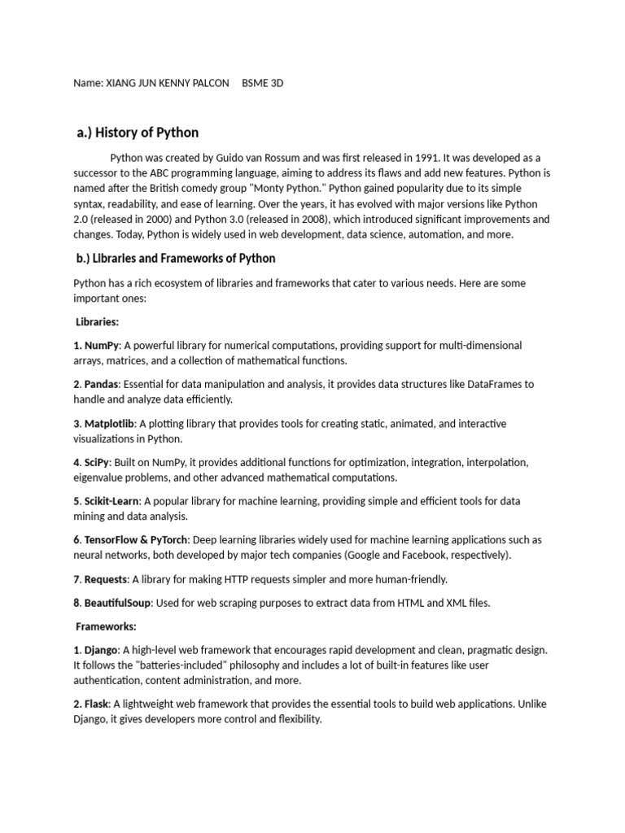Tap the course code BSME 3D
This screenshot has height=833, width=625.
[x=263, y=84]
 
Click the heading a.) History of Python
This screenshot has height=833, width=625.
[x=138, y=133]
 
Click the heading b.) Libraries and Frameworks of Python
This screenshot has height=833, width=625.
[x=175, y=259]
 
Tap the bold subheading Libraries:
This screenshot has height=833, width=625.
[x=97, y=322]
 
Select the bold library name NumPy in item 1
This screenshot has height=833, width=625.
[x=101, y=346]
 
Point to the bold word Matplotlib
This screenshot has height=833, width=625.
[x=110, y=424]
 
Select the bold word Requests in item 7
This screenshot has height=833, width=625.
[x=105, y=579]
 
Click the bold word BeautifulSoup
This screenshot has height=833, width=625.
[x=117, y=603]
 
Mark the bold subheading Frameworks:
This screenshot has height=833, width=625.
[x=107, y=627]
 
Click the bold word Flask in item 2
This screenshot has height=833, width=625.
[x=98, y=704]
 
